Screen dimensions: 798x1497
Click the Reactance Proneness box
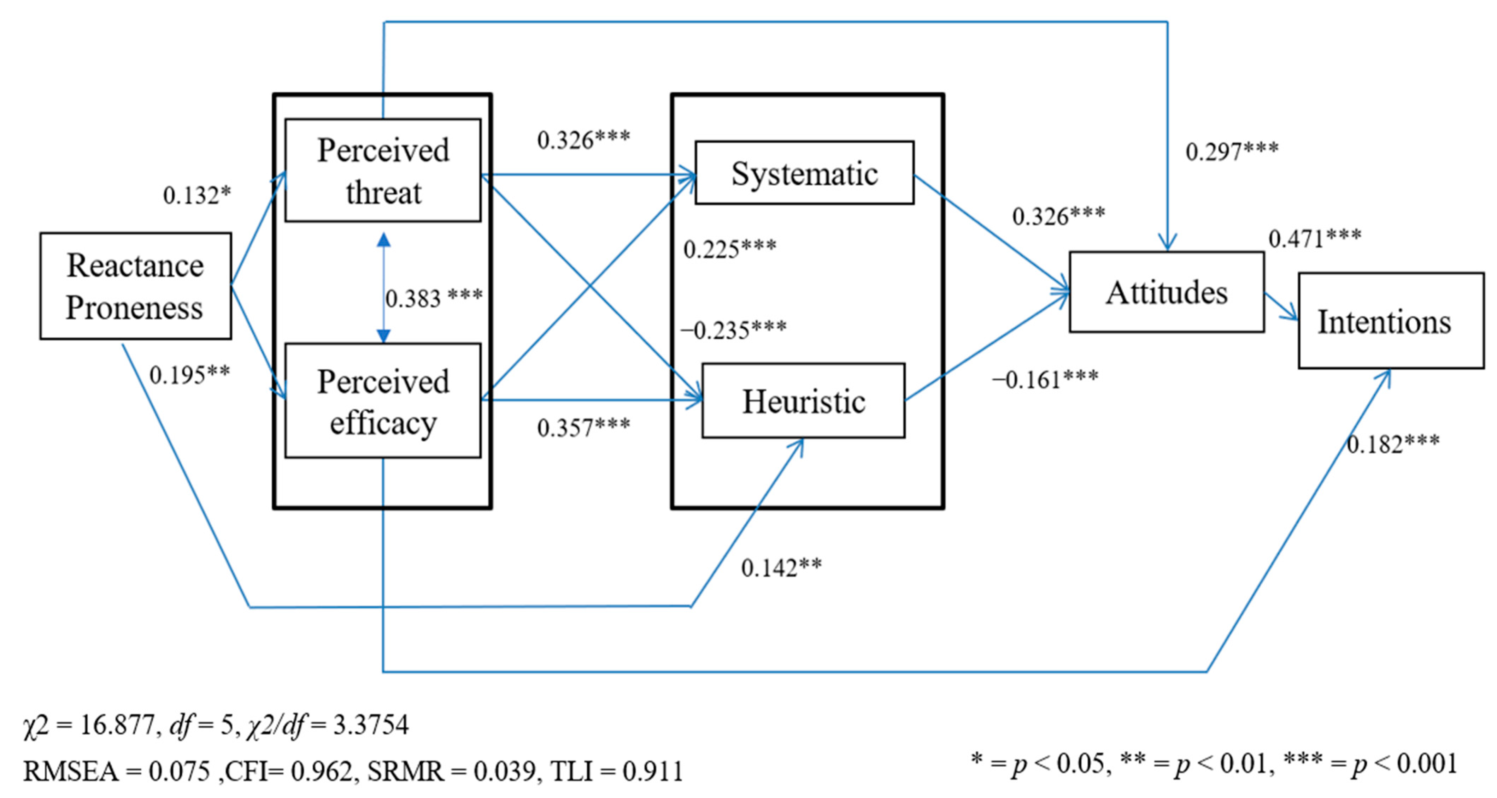135,286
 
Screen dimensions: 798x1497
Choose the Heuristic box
803,401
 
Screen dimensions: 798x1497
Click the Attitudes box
1166,292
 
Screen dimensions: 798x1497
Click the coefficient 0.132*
197,196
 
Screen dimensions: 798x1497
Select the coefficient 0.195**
189,375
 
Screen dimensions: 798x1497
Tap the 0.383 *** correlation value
434,298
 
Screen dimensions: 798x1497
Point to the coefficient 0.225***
729,249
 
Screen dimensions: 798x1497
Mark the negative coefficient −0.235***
733,330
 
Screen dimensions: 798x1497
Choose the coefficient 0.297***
1232,151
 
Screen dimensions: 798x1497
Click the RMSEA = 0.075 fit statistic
116,771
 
